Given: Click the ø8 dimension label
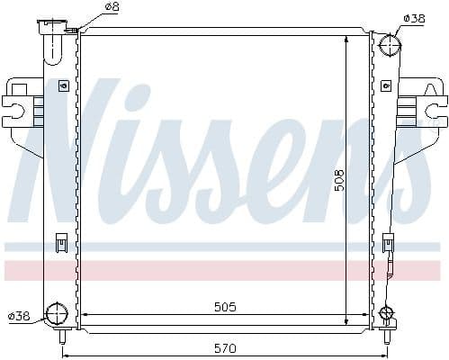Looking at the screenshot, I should [x=112, y=7].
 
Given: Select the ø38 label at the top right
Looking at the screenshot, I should [x=414, y=18].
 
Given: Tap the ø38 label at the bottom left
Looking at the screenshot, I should [x=20, y=315].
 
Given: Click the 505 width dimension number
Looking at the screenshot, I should [x=225, y=307].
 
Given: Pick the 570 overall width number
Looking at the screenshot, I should [x=225, y=348].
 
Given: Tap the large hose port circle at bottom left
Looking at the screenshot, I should [x=57, y=315].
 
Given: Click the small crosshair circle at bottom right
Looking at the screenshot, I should [x=387, y=314].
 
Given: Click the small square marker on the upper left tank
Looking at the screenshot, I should [x=63, y=86].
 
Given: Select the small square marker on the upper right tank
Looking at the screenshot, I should [x=384, y=86].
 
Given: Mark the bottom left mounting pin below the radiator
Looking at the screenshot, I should [x=63, y=339].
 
